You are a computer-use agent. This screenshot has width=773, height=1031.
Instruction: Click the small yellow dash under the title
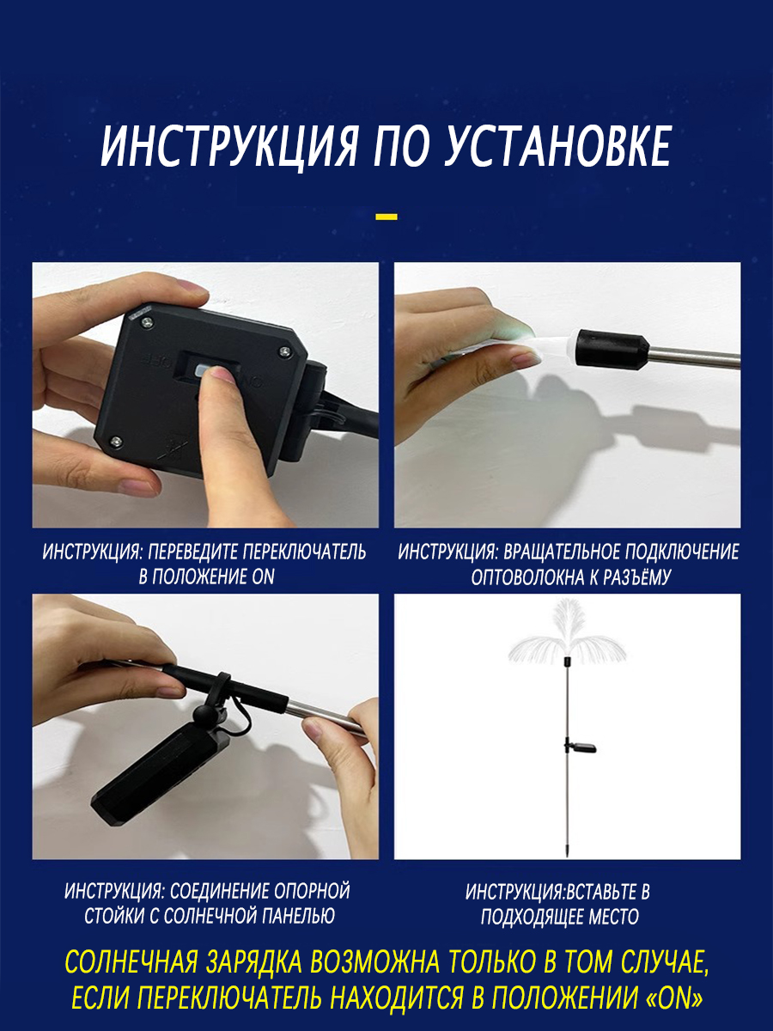point(386,217)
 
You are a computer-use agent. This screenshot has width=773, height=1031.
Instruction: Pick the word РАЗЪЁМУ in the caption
point(640,577)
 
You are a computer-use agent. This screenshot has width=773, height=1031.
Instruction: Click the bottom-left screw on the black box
point(114,441)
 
